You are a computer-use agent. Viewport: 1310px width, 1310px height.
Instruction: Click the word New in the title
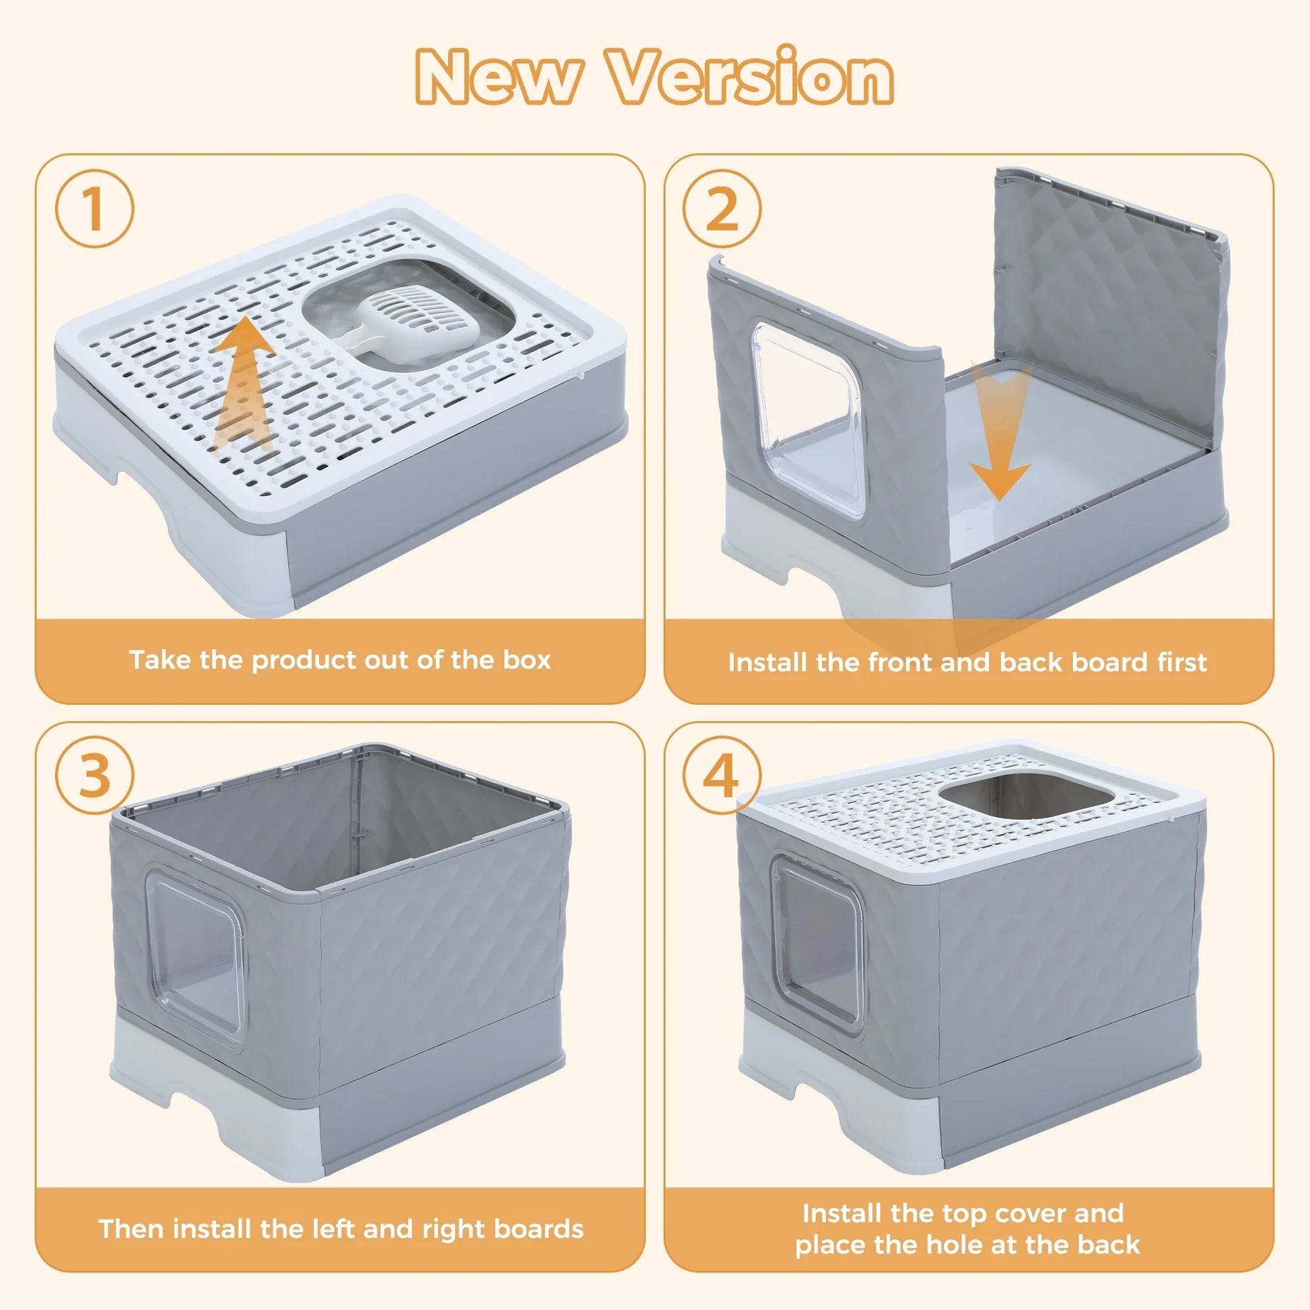(x=499, y=76)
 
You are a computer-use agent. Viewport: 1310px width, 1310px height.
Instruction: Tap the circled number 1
(x=94, y=209)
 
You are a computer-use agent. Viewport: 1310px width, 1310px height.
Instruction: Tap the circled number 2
(x=722, y=209)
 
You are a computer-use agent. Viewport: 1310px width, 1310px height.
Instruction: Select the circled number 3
(x=94, y=775)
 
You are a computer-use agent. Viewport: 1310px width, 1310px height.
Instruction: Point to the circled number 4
(x=722, y=775)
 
